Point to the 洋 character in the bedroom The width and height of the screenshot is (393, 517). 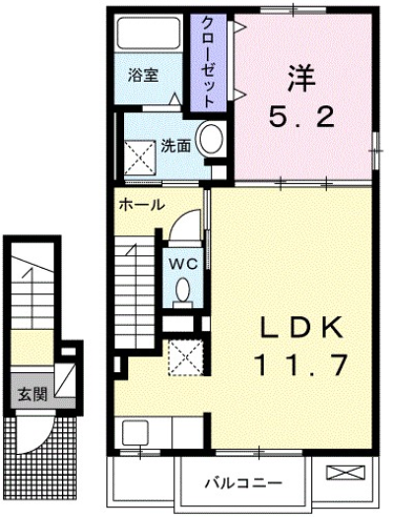pyautogui.click(x=302, y=75)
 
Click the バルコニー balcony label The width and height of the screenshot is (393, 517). pyautogui.click(x=243, y=484)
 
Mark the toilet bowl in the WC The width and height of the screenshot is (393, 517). pyautogui.click(x=184, y=290)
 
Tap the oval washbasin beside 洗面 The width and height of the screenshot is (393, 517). pyautogui.click(x=210, y=141)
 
